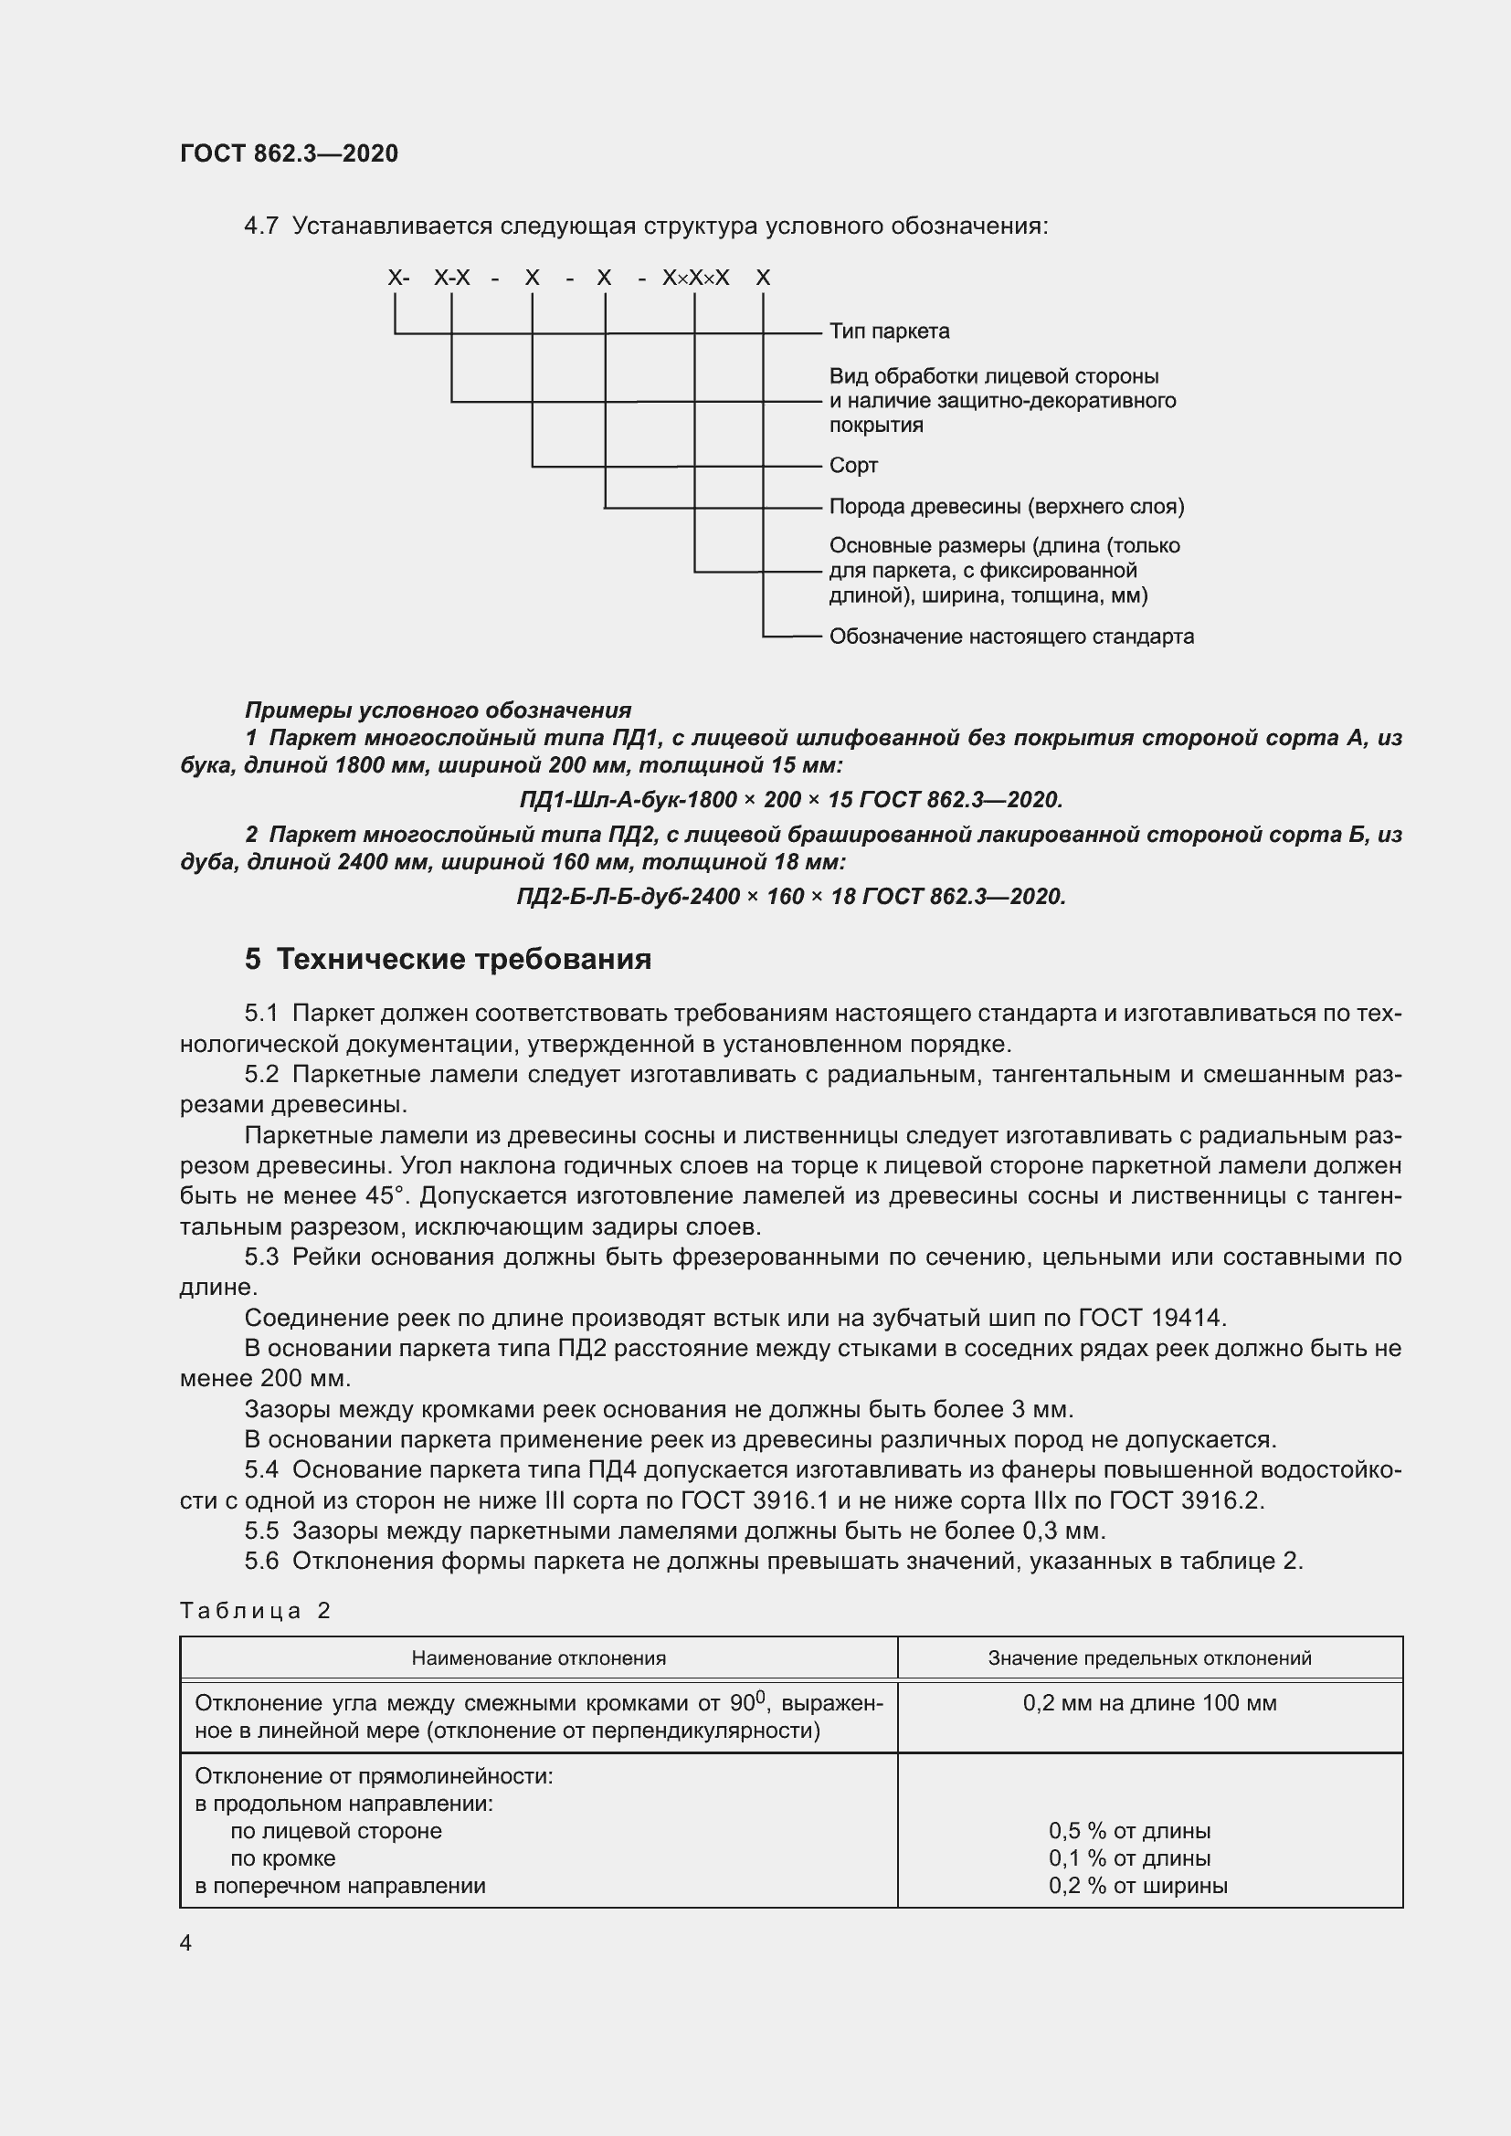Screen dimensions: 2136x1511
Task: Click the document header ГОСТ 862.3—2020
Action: click(x=289, y=153)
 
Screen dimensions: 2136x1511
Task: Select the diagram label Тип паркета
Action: click(x=889, y=331)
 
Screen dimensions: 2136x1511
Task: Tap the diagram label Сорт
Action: click(x=853, y=465)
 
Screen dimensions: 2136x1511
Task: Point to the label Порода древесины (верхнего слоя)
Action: click(x=1006, y=507)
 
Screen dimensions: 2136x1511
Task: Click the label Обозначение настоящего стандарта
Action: click(x=1011, y=637)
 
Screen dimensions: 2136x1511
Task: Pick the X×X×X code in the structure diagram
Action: click(x=695, y=279)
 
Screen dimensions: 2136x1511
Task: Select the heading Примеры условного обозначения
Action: click(x=439, y=710)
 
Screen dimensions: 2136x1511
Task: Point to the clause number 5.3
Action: click(x=261, y=1257)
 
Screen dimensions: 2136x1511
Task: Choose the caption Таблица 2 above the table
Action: click(x=255, y=1611)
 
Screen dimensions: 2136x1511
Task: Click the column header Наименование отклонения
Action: click(x=538, y=1657)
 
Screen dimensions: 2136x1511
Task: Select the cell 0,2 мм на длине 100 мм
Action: click(x=1149, y=1703)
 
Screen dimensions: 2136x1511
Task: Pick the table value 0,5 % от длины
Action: click(x=1128, y=1832)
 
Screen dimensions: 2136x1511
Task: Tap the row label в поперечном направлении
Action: click(x=340, y=1886)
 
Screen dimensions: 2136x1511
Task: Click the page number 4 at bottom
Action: click(x=186, y=1943)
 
